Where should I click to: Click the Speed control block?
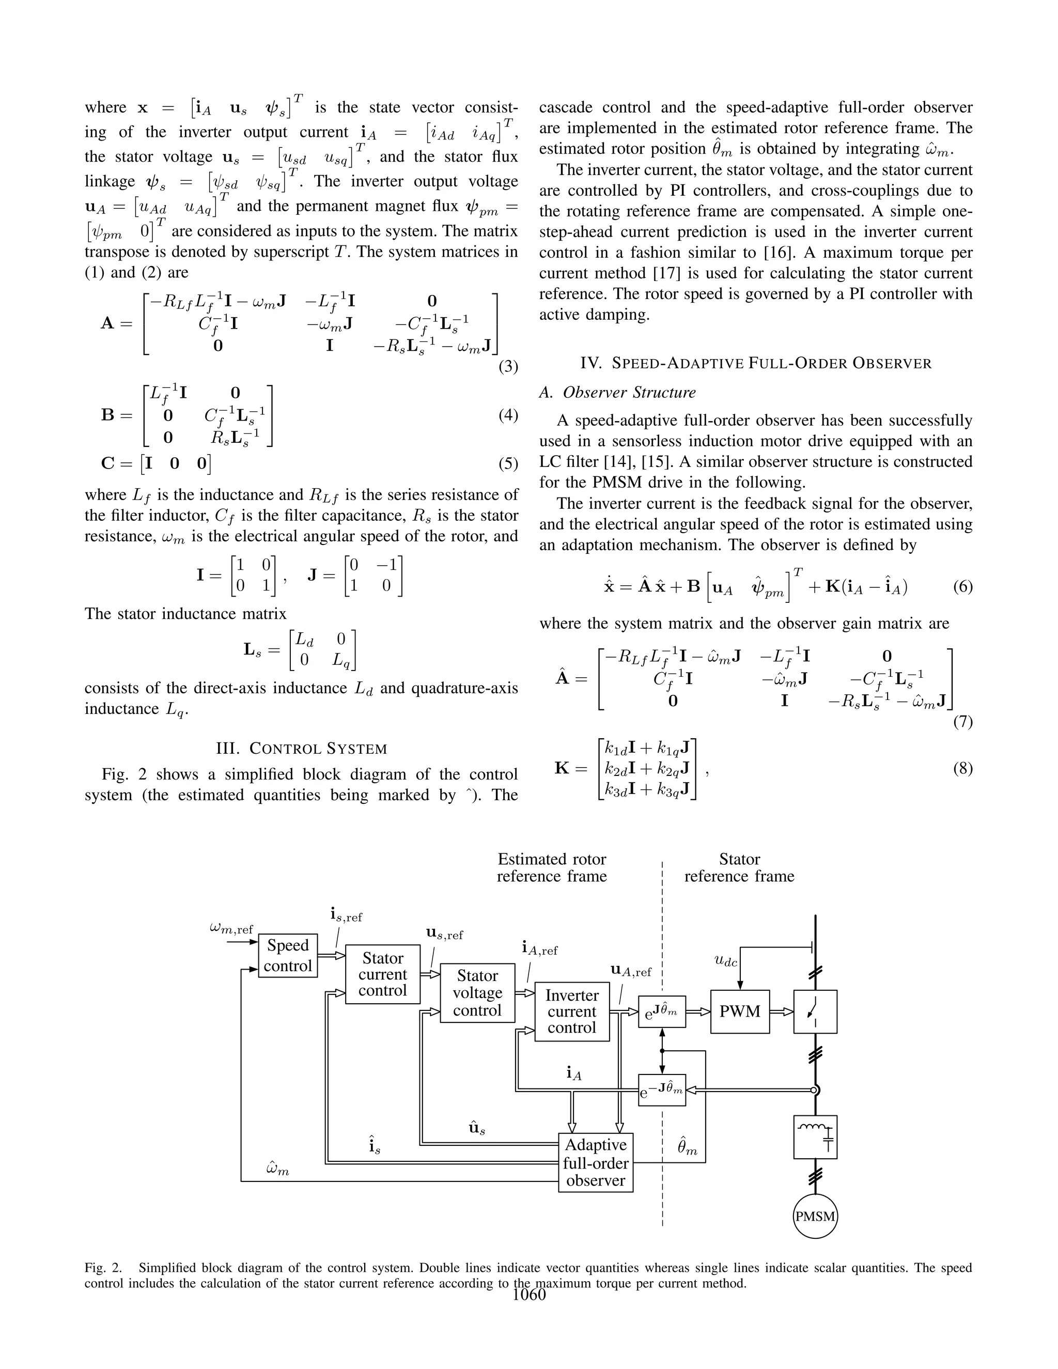click(288, 955)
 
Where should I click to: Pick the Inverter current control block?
click(572, 1011)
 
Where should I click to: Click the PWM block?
click(740, 1012)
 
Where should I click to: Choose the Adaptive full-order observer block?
click(596, 1163)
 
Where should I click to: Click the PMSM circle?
click(815, 1217)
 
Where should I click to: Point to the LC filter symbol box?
click(815, 1137)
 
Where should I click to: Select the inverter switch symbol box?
click(815, 1012)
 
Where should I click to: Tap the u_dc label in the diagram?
click(726, 960)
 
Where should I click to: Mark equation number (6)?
click(963, 587)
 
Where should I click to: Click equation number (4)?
click(508, 415)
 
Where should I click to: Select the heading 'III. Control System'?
click(301, 749)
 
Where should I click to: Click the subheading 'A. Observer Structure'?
click(617, 393)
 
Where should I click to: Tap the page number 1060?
click(529, 1295)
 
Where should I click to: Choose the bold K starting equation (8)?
click(562, 768)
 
